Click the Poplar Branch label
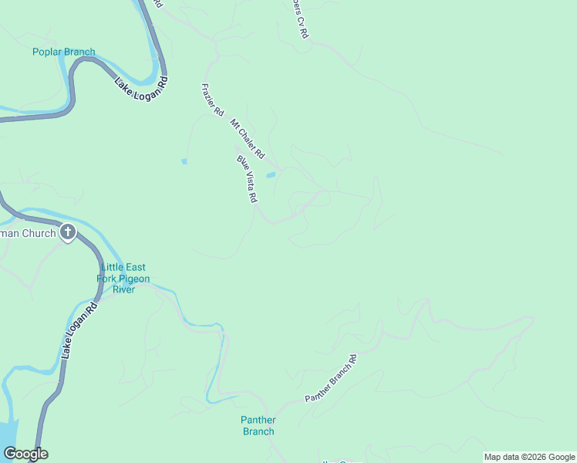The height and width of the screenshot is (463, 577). (64, 52)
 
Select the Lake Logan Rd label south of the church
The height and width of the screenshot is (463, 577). (79, 330)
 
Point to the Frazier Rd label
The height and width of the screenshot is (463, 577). (212, 100)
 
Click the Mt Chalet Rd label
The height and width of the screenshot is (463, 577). (247, 139)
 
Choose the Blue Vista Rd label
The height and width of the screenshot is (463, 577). (247, 179)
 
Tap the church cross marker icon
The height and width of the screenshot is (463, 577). (68, 231)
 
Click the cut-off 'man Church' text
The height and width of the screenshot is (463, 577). (28, 233)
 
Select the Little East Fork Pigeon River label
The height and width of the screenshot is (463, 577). (123, 279)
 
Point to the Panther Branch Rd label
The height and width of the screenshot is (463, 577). (332, 379)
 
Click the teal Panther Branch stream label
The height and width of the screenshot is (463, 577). (258, 425)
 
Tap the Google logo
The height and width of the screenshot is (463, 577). (25, 454)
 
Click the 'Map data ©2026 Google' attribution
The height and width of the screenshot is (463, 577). (529, 457)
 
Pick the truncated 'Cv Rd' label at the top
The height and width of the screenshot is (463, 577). (299, 19)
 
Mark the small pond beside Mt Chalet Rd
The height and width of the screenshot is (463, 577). (271, 175)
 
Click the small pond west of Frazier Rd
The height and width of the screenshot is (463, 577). (184, 161)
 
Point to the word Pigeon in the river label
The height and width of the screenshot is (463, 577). (135, 279)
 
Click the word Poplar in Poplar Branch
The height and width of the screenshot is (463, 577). (47, 52)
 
